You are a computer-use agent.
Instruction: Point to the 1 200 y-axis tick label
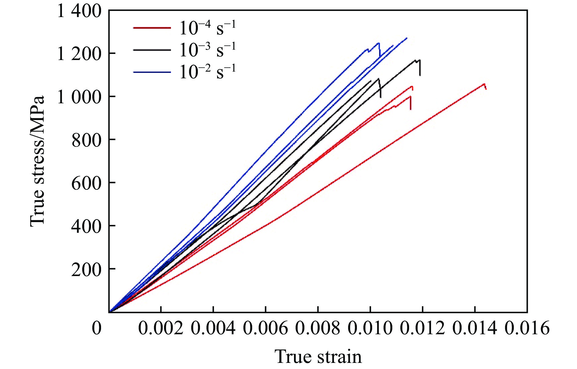[x=79, y=54]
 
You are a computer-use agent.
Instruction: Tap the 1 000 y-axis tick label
[x=79, y=97]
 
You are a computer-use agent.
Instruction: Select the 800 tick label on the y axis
[x=86, y=140]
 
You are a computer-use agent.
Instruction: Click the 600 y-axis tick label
[x=86, y=183]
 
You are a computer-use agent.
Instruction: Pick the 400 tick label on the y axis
[x=86, y=227]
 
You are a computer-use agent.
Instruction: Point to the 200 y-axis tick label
[x=86, y=270]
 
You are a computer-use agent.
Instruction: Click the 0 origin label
[x=97, y=328]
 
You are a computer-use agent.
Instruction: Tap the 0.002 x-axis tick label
[x=161, y=328]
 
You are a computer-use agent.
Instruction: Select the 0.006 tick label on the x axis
[x=266, y=328]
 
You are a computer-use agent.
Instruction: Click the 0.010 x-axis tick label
[x=370, y=328]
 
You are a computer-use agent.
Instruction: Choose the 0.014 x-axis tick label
[x=475, y=328]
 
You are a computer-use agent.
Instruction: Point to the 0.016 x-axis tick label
[x=527, y=328]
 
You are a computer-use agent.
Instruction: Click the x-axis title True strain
[x=318, y=357]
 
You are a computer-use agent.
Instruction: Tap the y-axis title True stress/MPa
[x=37, y=161]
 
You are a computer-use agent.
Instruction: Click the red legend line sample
[x=152, y=28]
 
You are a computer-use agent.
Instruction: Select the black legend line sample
[x=152, y=50]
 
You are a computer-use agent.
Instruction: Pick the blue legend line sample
[x=152, y=72]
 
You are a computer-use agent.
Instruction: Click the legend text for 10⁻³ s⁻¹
[x=208, y=50]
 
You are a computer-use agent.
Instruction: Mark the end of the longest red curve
[x=486, y=89]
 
